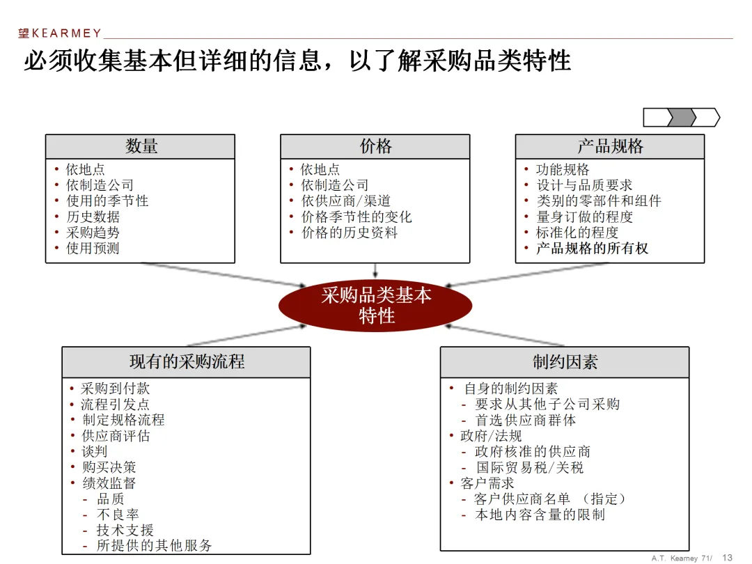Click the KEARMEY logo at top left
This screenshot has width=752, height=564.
(x=60, y=33)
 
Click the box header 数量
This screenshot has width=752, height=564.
(x=141, y=146)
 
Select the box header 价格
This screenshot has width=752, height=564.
(x=375, y=146)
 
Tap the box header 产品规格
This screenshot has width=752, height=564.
(x=609, y=146)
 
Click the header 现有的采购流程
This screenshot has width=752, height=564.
(x=186, y=362)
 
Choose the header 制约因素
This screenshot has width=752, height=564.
(x=565, y=362)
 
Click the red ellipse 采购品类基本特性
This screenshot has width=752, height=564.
(x=375, y=305)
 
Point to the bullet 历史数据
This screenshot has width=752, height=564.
(x=93, y=217)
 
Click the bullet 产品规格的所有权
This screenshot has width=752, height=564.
(x=591, y=249)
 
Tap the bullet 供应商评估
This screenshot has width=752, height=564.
(x=116, y=436)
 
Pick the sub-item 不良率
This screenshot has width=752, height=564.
(x=118, y=515)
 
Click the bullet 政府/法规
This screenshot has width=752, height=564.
(x=491, y=436)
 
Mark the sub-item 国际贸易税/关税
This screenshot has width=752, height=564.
(x=530, y=468)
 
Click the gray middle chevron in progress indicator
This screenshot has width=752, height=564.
(x=681, y=118)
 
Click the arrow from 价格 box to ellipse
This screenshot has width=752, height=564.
(x=375, y=270)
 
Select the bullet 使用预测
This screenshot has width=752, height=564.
(x=93, y=249)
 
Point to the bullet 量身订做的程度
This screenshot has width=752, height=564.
(x=584, y=217)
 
